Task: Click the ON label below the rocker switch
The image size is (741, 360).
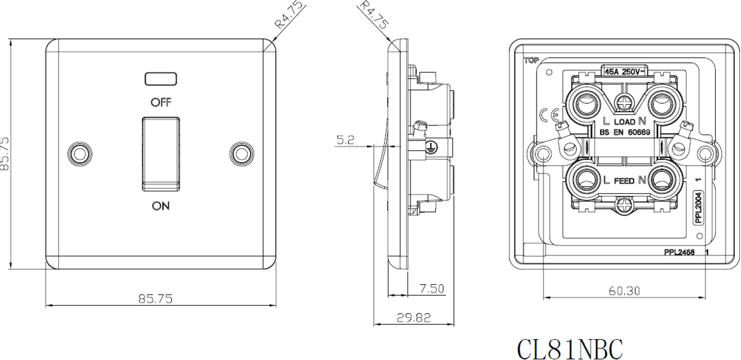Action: [x=161, y=206]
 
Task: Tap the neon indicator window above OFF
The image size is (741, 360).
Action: [x=161, y=78]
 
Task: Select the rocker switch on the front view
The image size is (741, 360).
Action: [x=161, y=152]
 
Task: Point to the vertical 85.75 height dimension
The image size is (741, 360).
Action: [x=6, y=154]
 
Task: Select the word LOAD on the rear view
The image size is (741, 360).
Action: [x=624, y=122]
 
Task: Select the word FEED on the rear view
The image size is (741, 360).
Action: [x=624, y=181]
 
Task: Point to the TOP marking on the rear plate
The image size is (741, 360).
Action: [x=530, y=61]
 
